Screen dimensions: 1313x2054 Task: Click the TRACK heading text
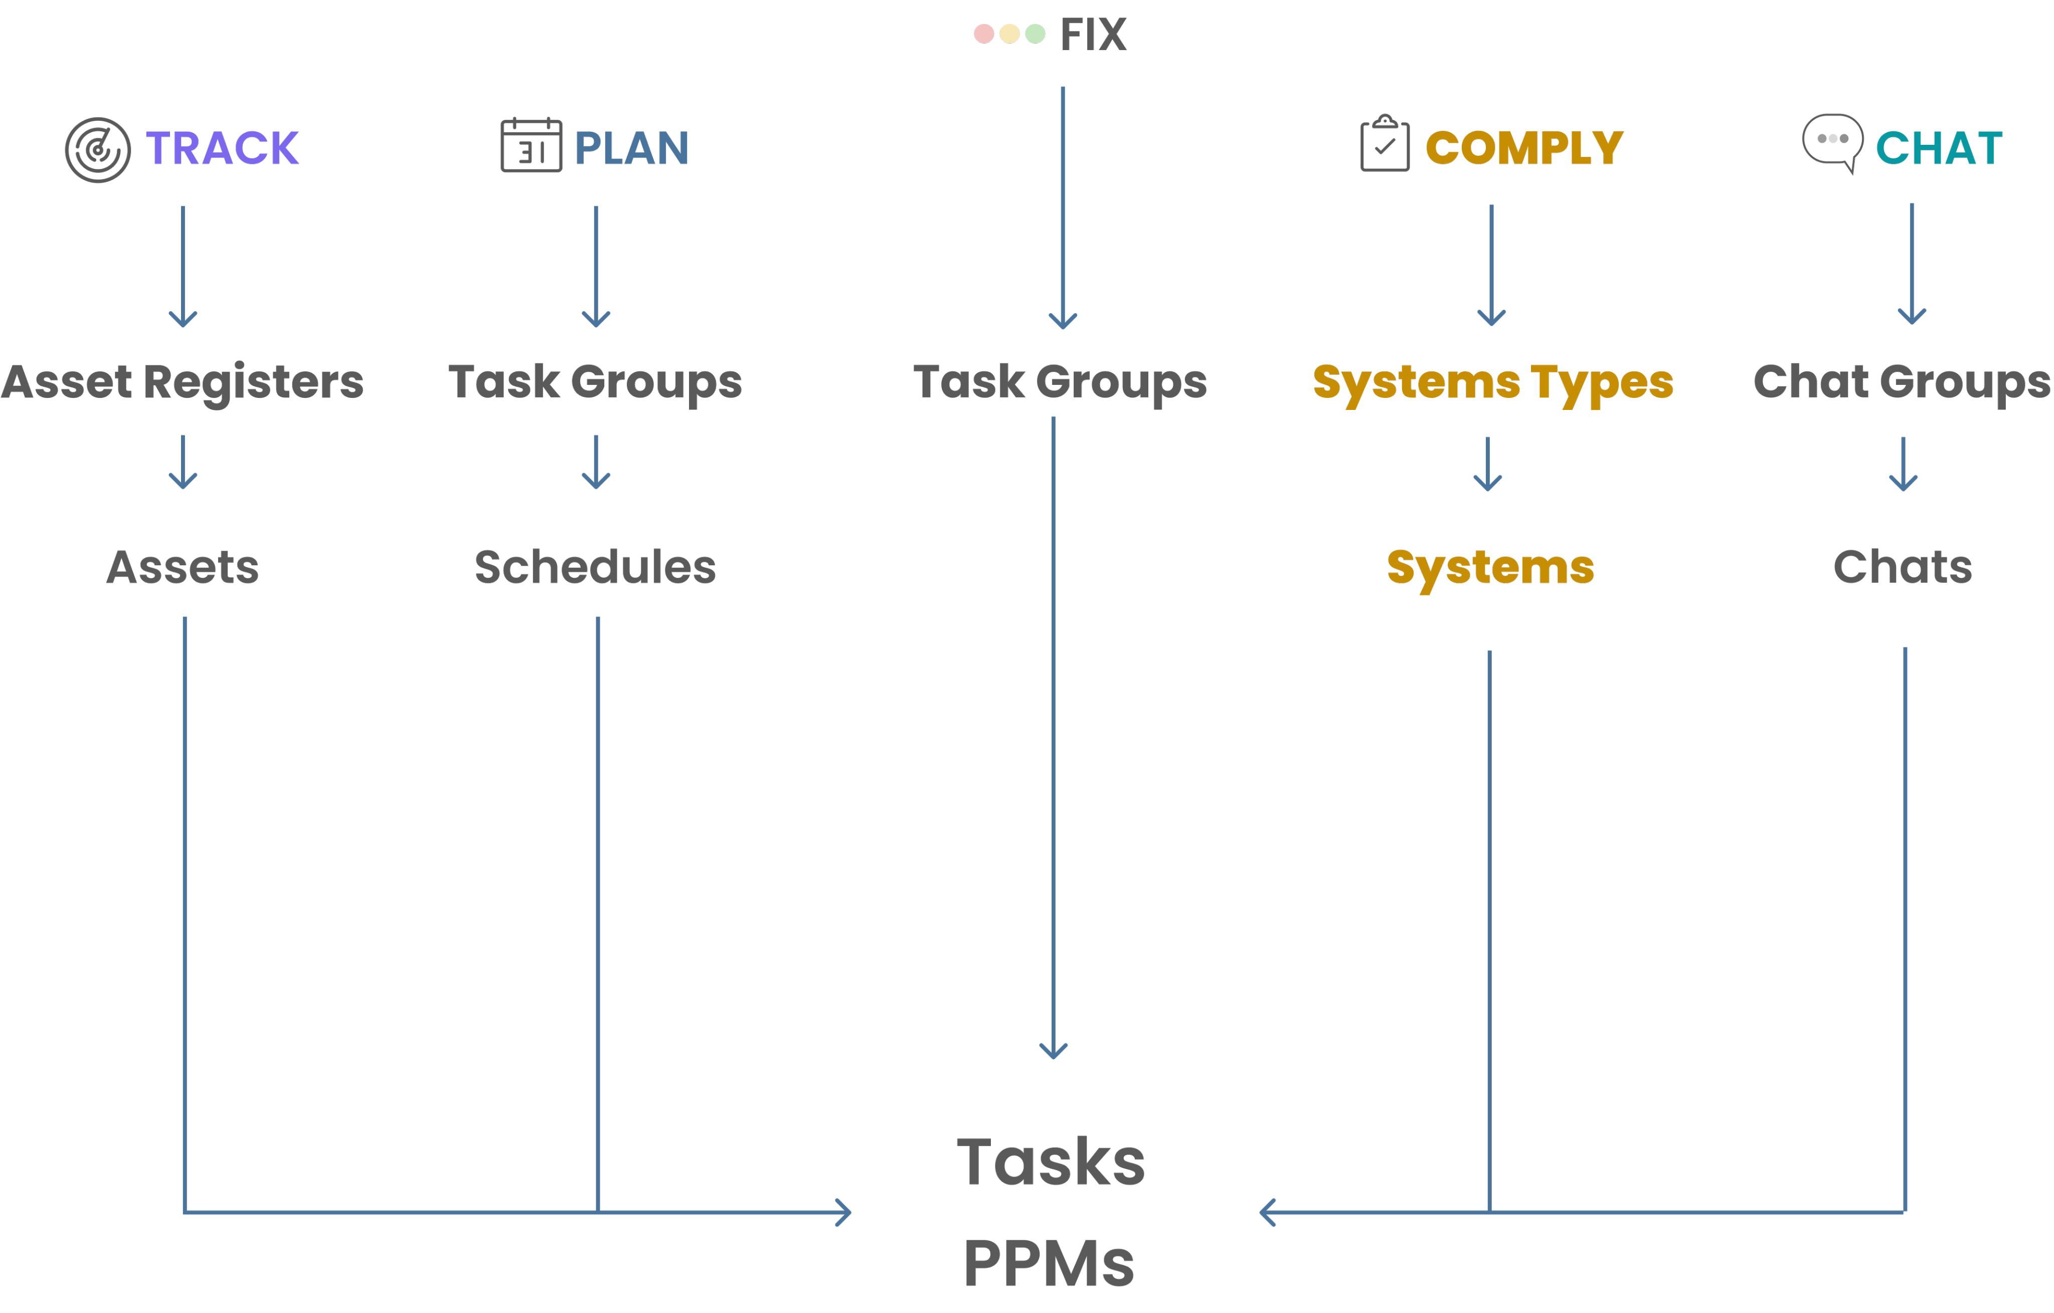point(222,148)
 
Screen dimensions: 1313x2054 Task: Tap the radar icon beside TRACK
point(98,150)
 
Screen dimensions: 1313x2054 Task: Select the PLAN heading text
point(631,148)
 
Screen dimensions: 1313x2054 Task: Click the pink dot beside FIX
point(983,34)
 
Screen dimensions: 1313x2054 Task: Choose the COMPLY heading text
point(1524,148)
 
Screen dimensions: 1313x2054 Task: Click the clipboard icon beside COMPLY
point(1385,144)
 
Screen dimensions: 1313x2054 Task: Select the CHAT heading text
point(1939,148)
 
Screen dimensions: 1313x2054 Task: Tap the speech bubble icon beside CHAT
point(1832,141)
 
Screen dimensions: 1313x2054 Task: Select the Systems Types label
point(1493,382)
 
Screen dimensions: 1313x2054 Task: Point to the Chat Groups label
point(1902,382)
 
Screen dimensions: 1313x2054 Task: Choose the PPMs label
point(1049,1263)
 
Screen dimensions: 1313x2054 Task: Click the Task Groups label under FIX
point(1060,382)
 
